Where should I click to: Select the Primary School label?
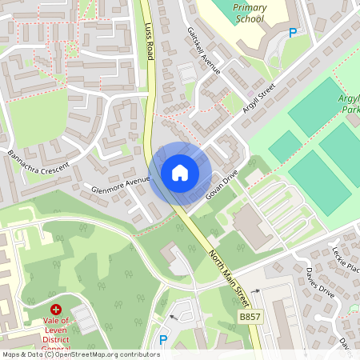pyautogui.click(x=250, y=13)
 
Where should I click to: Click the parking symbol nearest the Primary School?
pyautogui.click(x=293, y=33)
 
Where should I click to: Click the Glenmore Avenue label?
pyautogui.click(x=121, y=186)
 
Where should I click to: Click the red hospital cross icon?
pyautogui.click(x=56, y=309)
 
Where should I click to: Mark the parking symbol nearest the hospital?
pyautogui.click(x=163, y=340)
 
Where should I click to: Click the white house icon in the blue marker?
pyautogui.click(x=180, y=173)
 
